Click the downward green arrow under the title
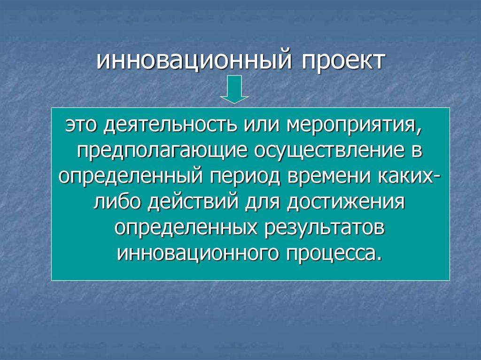(x=234, y=90)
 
